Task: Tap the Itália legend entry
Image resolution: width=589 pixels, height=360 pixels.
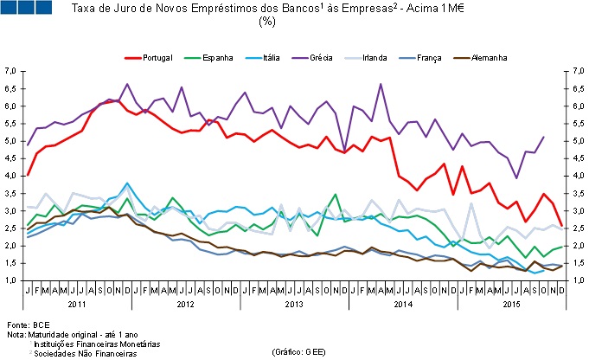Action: pyautogui.click(x=280, y=57)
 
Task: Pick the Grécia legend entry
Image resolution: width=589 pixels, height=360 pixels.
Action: pyautogui.click(x=338, y=57)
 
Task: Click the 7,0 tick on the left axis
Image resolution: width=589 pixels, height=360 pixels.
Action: pyautogui.click(x=11, y=70)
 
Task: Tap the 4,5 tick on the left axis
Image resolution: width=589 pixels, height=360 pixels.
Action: pyautogui.click(x=11, y=158)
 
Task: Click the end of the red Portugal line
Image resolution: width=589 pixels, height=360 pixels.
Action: pyautogui.click(x=562, y=227)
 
